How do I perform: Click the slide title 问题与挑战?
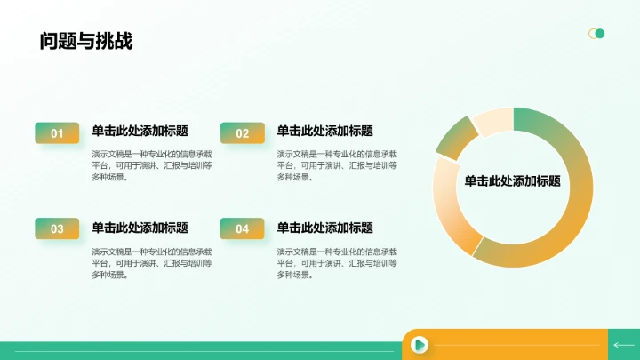86,41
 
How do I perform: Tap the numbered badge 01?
57,133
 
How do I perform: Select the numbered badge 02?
242,133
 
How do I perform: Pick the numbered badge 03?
57,228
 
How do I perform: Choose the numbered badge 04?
242,228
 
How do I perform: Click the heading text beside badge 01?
140,131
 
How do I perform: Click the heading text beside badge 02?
324,131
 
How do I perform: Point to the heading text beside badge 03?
140,228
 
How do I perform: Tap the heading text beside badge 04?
324,228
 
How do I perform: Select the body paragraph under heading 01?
152,165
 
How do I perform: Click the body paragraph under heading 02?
337,165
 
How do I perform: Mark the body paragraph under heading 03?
152,263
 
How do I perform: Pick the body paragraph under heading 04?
337,263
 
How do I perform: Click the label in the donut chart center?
512,180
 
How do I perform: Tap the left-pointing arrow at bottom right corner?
624,345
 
